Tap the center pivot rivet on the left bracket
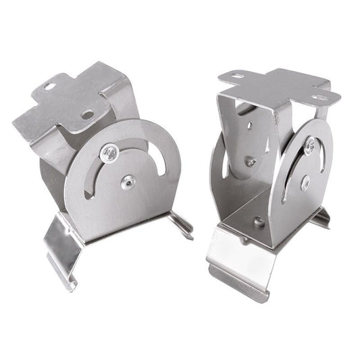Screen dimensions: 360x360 coord(126,180)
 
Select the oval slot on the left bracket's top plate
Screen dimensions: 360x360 coord(50,86)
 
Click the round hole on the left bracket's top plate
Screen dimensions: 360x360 coord(88,115)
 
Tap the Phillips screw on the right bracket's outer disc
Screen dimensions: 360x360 coord(310,145)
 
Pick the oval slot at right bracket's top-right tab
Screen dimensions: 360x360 coord(320,98)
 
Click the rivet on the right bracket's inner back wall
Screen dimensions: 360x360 coord(249,161)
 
